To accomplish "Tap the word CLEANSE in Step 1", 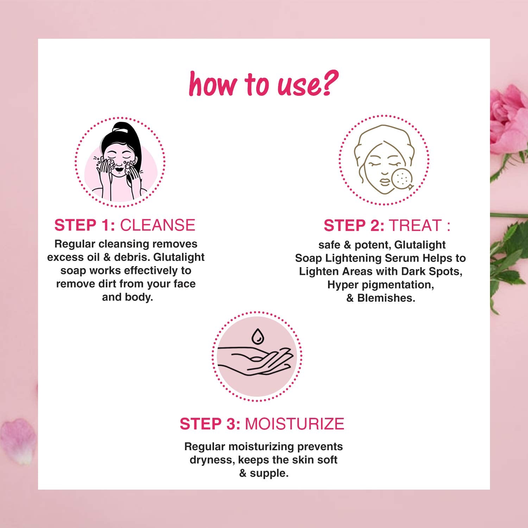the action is click(x=158, y=225).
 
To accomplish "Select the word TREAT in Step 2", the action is click(x=415, y=226).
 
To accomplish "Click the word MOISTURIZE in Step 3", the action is click(x=295, y=424).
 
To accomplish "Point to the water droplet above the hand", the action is click(x=257, y=336).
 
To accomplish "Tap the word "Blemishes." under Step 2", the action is click(x=386, y=298).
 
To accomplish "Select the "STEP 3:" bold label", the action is click(x=210, y=424).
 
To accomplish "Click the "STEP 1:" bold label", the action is click(x=85, y=225).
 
